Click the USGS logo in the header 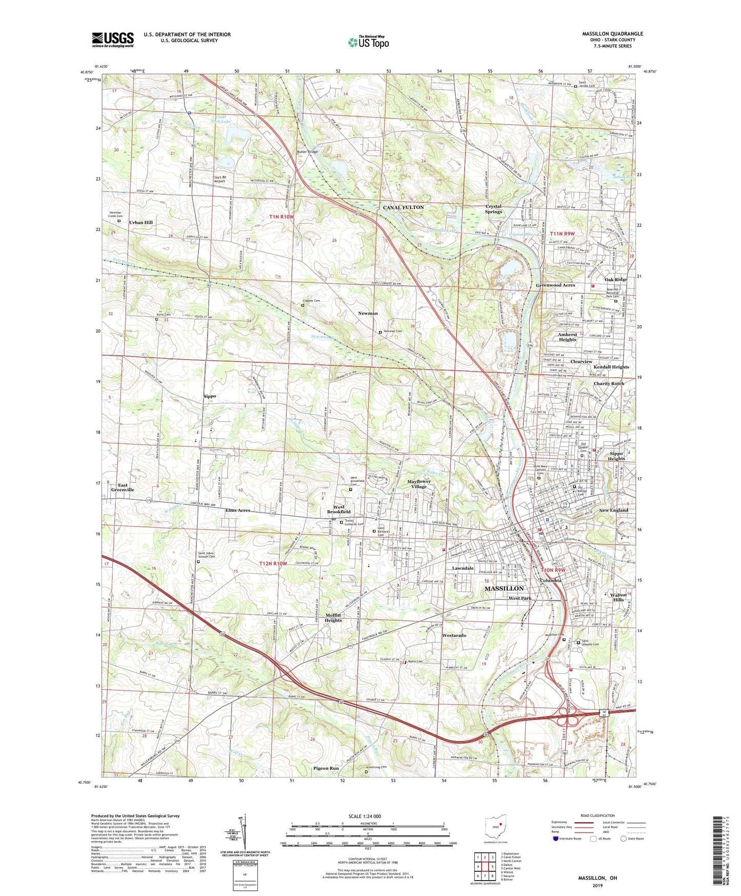tap(113, 40)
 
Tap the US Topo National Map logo tap(368, 42)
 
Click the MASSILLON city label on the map tap(504, 588)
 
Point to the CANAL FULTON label tap(404, 207)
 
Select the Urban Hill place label tap(141, 223)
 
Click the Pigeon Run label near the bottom tap(326, 768)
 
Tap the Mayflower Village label tap(419, 484)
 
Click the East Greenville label tap(123, 487)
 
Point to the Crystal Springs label tap(493, 209)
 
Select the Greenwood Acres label tap(555, 285)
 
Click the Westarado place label tap(454, 635)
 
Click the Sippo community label tap(209, 396)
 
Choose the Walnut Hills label tap(618, 597)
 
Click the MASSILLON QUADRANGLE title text tap(612, 34)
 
